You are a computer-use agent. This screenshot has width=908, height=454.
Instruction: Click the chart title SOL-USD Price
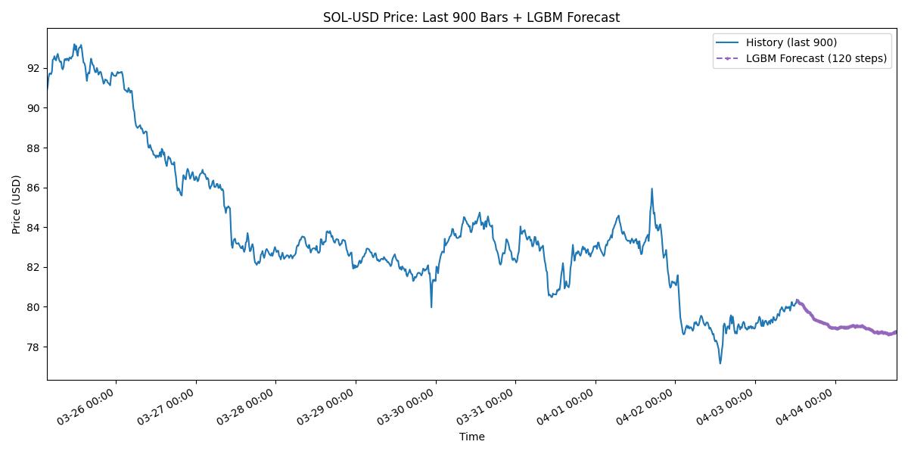471,17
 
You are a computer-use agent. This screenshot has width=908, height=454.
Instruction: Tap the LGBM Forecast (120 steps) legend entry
816,58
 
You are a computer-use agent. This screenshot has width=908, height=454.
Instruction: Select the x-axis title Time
471,437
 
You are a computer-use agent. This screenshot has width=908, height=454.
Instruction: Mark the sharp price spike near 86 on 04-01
651,189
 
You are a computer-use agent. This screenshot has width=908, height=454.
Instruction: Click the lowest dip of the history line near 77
720,363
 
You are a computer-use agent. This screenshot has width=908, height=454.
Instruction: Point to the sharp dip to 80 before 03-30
431,306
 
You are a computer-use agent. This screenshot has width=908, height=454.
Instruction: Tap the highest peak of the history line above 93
74,45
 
